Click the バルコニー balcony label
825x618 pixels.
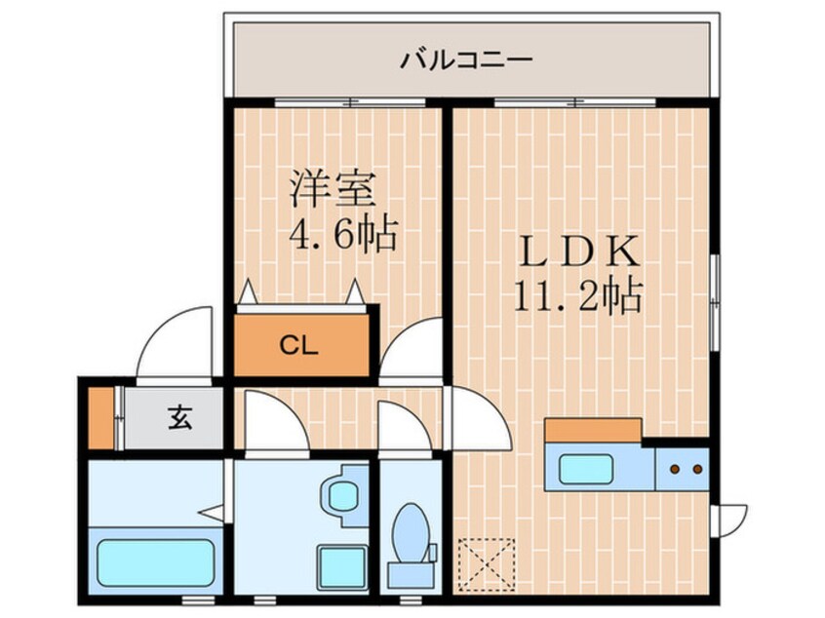point(467,61)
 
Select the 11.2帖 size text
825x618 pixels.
point(578,294)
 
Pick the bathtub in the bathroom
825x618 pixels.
point(155,560)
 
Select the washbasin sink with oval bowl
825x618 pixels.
point(341,492)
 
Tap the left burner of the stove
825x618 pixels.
point(674,470)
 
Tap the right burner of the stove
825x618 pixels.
point(697,470)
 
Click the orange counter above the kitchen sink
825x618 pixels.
point(593,430)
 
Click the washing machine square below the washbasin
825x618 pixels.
point(341,564)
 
